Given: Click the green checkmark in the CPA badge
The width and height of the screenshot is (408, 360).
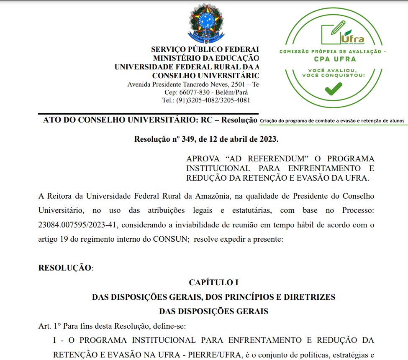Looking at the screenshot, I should click(334, 88).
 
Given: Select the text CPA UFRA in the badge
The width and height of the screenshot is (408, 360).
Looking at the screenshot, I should click(333, 59).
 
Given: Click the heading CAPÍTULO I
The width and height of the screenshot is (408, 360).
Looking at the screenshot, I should click(213, 283).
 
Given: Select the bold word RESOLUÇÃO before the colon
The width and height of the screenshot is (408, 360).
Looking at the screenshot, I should click(64, 268).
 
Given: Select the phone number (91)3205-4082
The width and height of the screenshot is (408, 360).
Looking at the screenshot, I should click(198, 100).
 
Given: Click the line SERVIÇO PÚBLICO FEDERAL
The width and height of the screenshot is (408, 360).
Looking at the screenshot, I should click(205, 49).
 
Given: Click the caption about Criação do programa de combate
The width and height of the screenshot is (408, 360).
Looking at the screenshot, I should click(332, 121).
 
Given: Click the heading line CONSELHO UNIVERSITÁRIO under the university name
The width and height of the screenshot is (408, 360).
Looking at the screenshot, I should click(205, 76).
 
